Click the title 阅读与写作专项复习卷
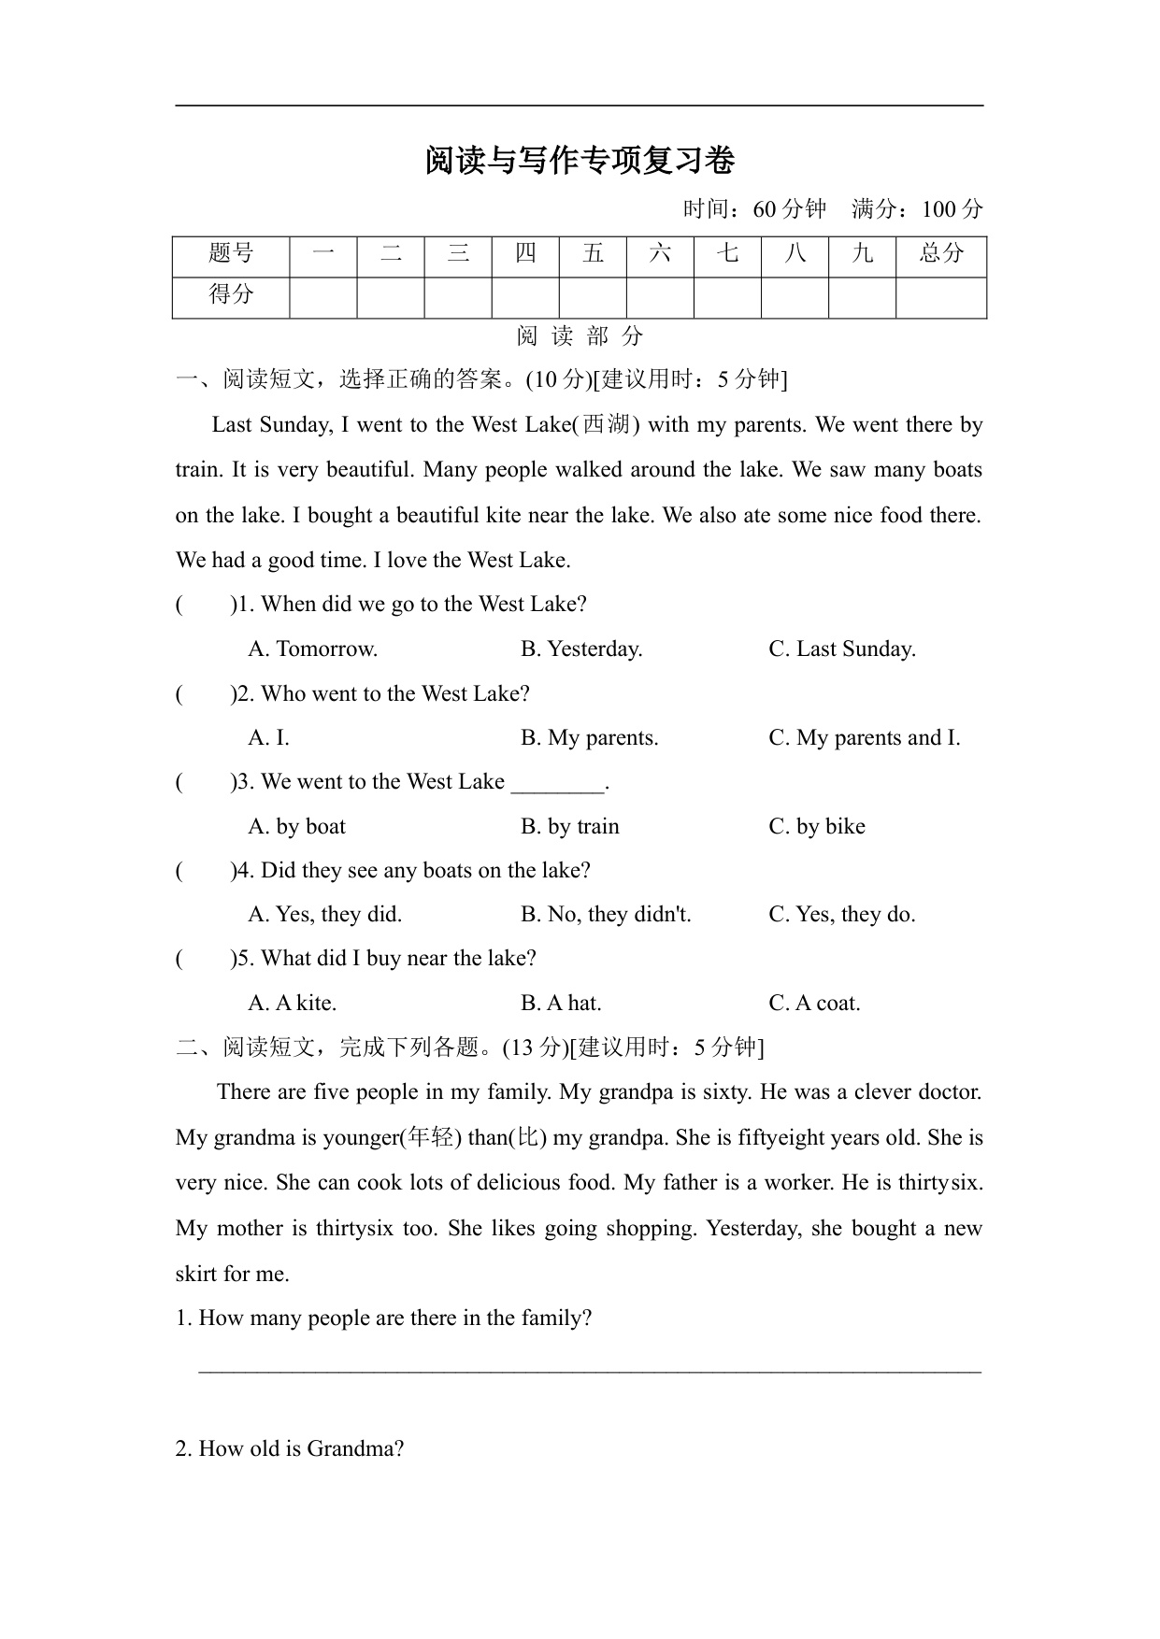[580, 161]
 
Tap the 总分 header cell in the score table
[940, 253]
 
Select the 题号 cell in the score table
[231, 253]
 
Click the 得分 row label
[231, 295]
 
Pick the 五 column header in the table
[593, 253]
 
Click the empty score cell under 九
[862, 297]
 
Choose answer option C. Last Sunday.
[841, 649]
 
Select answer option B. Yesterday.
[581, 649]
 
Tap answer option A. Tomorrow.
[312, 649]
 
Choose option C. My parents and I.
[864, 738]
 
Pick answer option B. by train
[570, 827]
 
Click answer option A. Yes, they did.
[324, 915]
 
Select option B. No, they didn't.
[606, 915]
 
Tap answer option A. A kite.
[292, 1004]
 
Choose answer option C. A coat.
[814, 1004]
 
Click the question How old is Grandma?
[290, 1449]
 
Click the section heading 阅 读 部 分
[580, 336]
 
